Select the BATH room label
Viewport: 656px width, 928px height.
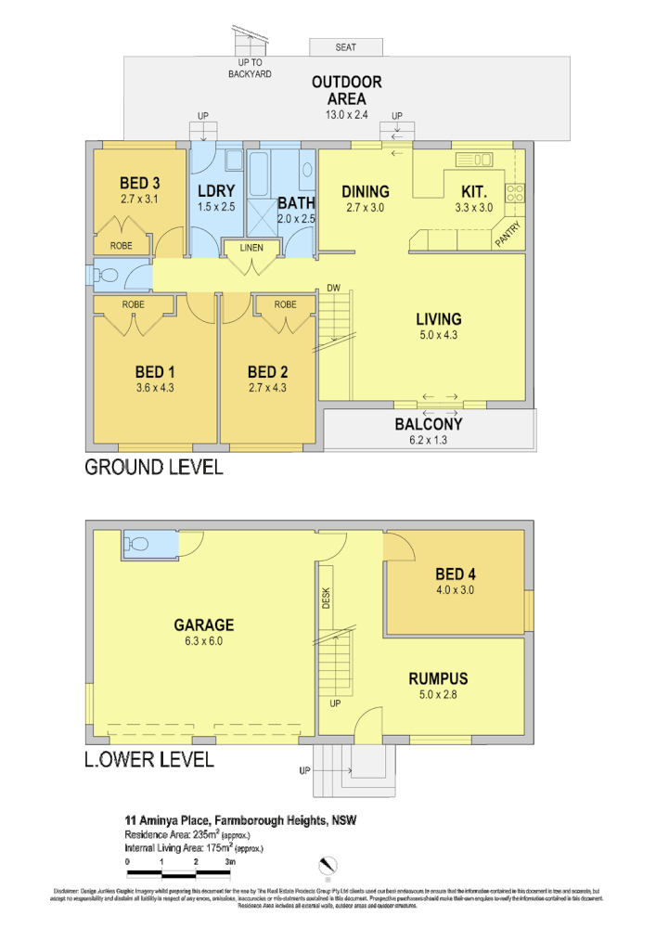296,202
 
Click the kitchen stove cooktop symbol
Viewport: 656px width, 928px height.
514,194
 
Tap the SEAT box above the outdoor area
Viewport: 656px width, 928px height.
345,47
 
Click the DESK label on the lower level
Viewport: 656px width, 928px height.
327,599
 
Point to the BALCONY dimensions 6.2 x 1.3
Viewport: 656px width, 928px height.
429,441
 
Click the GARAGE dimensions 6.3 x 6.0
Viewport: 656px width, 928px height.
203,640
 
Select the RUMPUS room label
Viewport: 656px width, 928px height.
438,678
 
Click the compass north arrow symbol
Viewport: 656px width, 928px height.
328,867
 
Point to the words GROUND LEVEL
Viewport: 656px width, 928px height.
154,467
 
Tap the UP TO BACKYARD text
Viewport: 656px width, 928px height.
250,68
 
